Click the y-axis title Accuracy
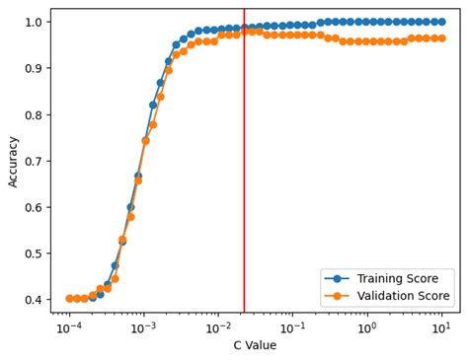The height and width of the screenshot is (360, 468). click(13, 161)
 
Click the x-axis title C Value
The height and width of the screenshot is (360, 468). click(255, 345)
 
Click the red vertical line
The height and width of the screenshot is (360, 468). click(244, 178)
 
